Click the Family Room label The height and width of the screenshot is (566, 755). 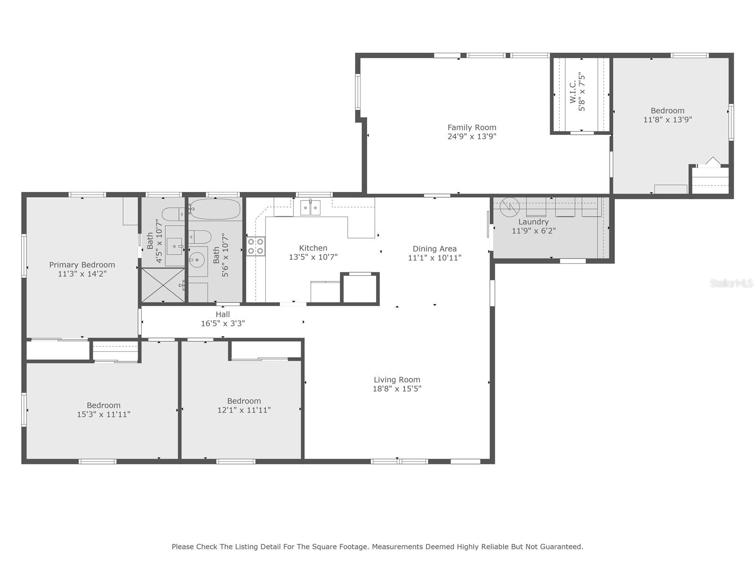[x=471, y=127]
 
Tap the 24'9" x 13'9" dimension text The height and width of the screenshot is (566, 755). [x=471, y=137]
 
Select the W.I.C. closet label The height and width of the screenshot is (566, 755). [x=573, y=92]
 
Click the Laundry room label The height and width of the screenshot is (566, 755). [x=533, y=222]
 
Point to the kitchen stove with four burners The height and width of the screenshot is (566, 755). [x=256, y=246]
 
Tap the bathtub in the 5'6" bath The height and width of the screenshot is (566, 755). [x=215, y=209]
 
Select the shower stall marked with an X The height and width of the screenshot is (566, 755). [x=163, y=284]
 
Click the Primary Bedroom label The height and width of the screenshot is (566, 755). [x=82, y=265]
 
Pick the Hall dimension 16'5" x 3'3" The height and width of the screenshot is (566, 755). [x=223, y=324]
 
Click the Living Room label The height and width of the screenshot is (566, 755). [x=396, y=380]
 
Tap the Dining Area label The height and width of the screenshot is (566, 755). [x=434, y=249]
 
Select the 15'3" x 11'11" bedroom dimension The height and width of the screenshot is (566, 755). [x=103, y=415]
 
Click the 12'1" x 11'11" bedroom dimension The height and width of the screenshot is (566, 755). [x=243, y=410]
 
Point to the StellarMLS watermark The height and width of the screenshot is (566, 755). [x=731, y=283]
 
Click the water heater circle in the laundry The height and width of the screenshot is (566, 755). [x=510, y=207]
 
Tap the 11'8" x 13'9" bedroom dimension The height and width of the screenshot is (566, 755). [x=667, y=120]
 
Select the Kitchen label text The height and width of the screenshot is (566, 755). [x=313, y=248]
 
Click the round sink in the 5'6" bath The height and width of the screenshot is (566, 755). [x=196, y=259]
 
